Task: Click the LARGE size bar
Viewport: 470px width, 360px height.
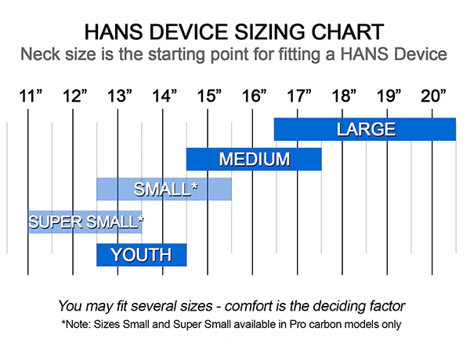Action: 365,129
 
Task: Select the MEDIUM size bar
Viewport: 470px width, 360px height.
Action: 254,159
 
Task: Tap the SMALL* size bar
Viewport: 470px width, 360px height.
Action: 164,189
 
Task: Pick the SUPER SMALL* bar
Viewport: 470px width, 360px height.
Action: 85,222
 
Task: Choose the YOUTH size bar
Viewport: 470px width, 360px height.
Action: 142,255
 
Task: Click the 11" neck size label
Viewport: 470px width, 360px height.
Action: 31,96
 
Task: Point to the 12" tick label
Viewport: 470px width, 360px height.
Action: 75,96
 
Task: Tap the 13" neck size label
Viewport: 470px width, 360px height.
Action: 120,96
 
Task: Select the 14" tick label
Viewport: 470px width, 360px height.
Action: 164,96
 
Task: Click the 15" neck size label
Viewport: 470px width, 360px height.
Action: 209,96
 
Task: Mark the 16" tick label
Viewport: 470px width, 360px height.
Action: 255,96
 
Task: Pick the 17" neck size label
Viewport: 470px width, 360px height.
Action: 299,96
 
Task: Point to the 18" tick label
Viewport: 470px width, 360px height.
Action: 344,96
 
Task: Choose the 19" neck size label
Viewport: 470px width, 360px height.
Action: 389,96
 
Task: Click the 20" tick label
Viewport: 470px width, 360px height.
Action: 434,96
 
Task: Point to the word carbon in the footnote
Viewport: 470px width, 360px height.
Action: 328,324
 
